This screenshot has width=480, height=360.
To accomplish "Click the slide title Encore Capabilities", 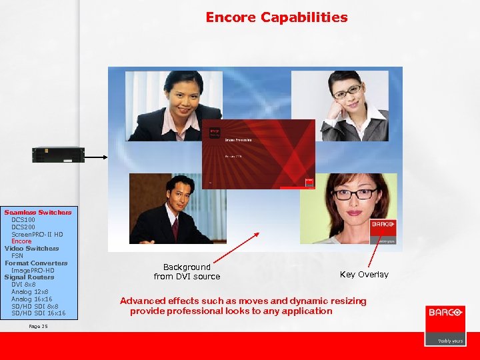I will point(276,17).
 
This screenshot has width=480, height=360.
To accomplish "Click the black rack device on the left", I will point(59,154).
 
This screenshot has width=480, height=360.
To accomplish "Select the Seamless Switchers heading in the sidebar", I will point(38,213).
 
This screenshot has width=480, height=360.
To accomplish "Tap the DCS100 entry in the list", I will point(23,220).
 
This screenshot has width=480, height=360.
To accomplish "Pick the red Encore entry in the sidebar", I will point(21,241).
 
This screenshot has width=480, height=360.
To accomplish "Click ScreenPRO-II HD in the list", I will point(37,235).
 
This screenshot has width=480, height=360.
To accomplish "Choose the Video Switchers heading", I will point(31,249).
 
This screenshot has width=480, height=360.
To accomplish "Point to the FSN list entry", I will point(17,256).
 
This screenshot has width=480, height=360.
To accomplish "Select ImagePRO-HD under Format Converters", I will point(33,270).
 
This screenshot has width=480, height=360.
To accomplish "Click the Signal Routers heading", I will point(29,277).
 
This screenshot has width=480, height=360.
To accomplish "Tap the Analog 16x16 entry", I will point(31,299).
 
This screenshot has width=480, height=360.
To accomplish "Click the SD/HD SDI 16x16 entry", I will point(39,313).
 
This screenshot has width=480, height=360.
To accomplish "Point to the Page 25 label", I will point(39,326).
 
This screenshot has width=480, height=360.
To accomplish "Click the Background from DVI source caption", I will point(187,271).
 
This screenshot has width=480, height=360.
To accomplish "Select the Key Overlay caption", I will point(364,275).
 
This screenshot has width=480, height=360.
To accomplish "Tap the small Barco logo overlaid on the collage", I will point(383,228).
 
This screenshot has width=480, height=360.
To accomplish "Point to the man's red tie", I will point(175,228).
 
